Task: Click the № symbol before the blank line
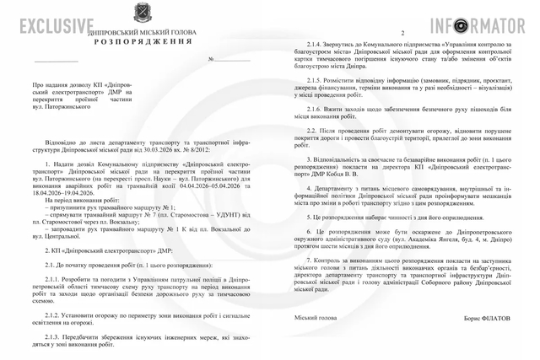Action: point(212,60)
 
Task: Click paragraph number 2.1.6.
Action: point(313,108)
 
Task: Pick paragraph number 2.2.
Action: point(310,131)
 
